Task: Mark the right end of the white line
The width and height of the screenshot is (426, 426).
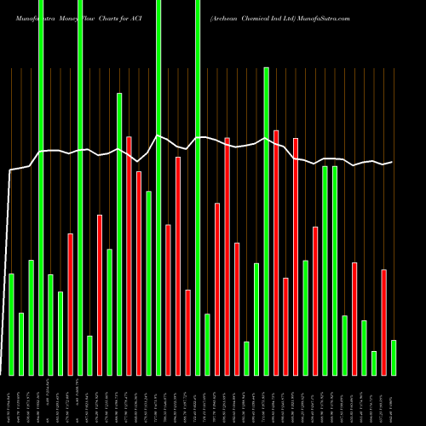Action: [x=393, y=162]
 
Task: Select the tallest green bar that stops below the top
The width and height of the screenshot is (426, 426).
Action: [x=267, y=222]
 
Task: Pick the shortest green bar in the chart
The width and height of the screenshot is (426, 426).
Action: [x=374, y=363]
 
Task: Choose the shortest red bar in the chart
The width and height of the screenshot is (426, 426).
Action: [x=286, y=326]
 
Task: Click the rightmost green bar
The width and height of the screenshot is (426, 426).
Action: [x=394, y=358]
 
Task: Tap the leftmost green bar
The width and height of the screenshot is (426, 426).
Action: [x=11, y=324]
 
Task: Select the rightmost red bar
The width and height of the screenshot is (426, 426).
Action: [x=383, y=322]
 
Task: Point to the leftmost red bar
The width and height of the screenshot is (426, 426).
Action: [x=71, y=304]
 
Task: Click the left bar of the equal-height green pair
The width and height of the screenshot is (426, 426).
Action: [x=325, y=271]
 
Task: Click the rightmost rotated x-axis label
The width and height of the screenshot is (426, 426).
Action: [x=394, y=400]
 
